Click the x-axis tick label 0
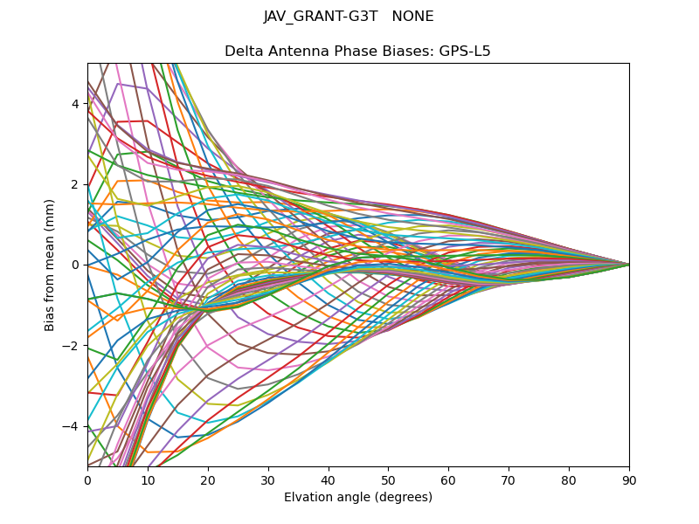(x=87, y=479)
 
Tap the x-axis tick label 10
(x=148, y=479)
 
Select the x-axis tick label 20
(x=208, y=479)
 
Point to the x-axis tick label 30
(x=268, y=479)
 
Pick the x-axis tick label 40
(x=329, y=479)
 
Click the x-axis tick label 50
(x=388, y=479)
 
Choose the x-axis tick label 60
(x=448, y=479)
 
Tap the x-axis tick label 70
(x=509, y=479)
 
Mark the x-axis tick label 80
(x=569, y=479)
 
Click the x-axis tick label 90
(x=629, y=479)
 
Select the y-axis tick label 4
(x=75, y=104)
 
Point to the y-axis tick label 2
(x=75, y=184)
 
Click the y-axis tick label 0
(x=75, y=265)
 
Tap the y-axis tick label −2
(x=72, y=346)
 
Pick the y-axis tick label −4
(x=72, y=426)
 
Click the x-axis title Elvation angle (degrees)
(x=358, y=498)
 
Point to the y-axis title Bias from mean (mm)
(x=51, y=264)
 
